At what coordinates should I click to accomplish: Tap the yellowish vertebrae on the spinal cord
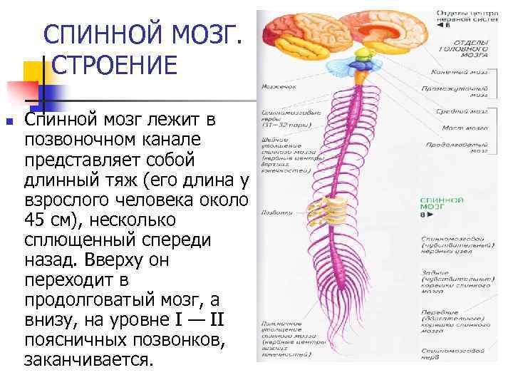pos(336,211)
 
